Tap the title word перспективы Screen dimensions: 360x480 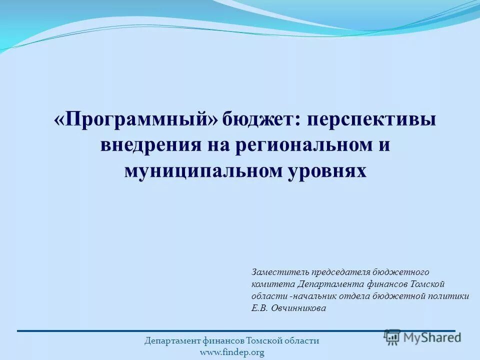tap(371, 120)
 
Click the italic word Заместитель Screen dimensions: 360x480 tap(280, 272)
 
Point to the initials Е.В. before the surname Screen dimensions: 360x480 tap(259, 308)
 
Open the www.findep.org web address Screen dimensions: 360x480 tap(231, 352)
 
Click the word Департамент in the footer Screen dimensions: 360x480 tap(173, 341)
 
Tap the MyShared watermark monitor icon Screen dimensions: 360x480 tap(392, 337)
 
